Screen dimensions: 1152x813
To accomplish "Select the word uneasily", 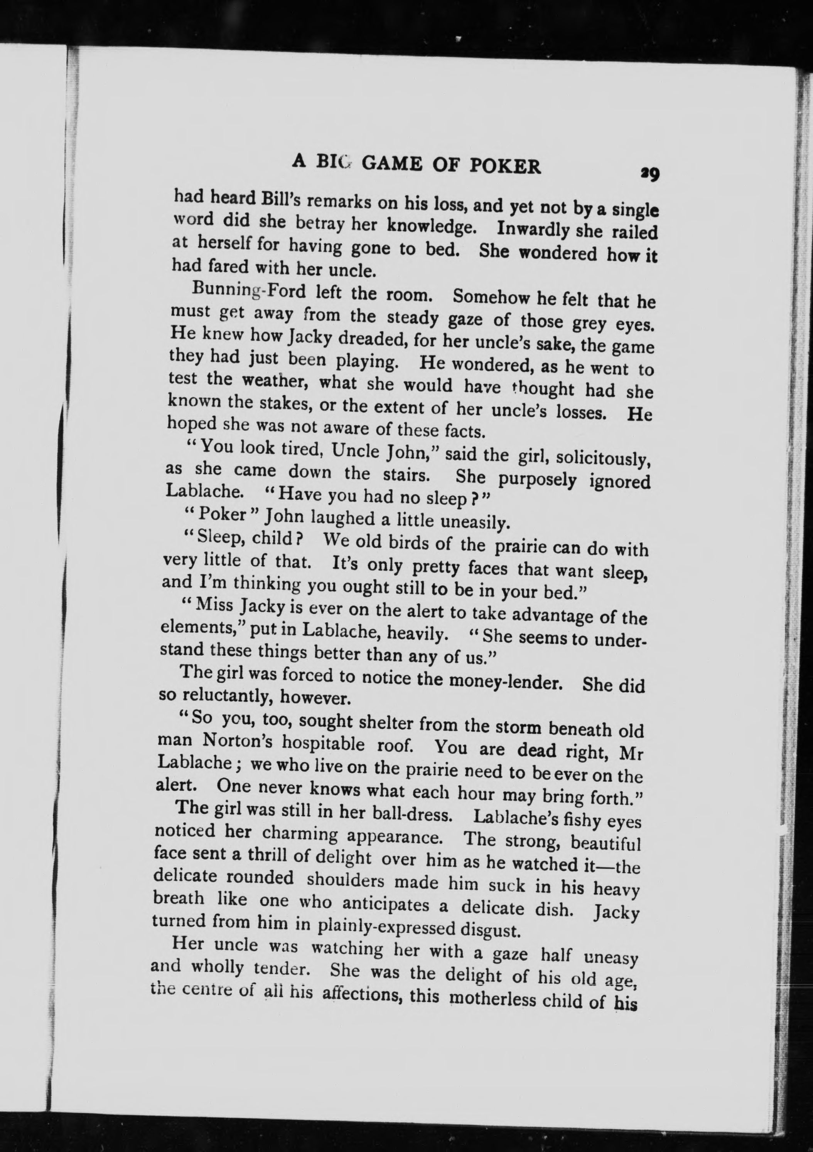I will point(474,523).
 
